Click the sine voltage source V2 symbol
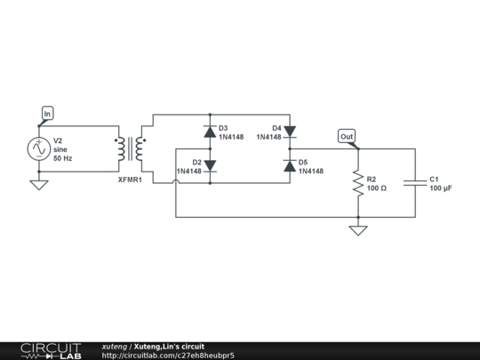click(x=39, y=149)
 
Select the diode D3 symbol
click(x=209, y=132)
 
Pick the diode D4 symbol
click(x=289, y=132)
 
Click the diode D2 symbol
click(x=209, y=166)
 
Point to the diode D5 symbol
click(x=289, y=166)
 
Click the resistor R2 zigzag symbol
click(x=357, y=183)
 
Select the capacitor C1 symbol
click(x=415, y=183)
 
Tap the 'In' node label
click(x=47, y=113)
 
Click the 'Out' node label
click(x=347, y=136)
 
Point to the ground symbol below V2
click(x=39, y=185)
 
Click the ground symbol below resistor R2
click(x=357, y=230)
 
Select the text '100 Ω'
click(x=376, y=188)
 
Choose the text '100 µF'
click(x=441, y=188)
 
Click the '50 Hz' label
click(x=63, y=158)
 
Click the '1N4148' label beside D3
click(x=231, y=137)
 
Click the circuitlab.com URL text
click(x=168, y=356)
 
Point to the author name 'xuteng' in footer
click(x=114, y=346)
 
